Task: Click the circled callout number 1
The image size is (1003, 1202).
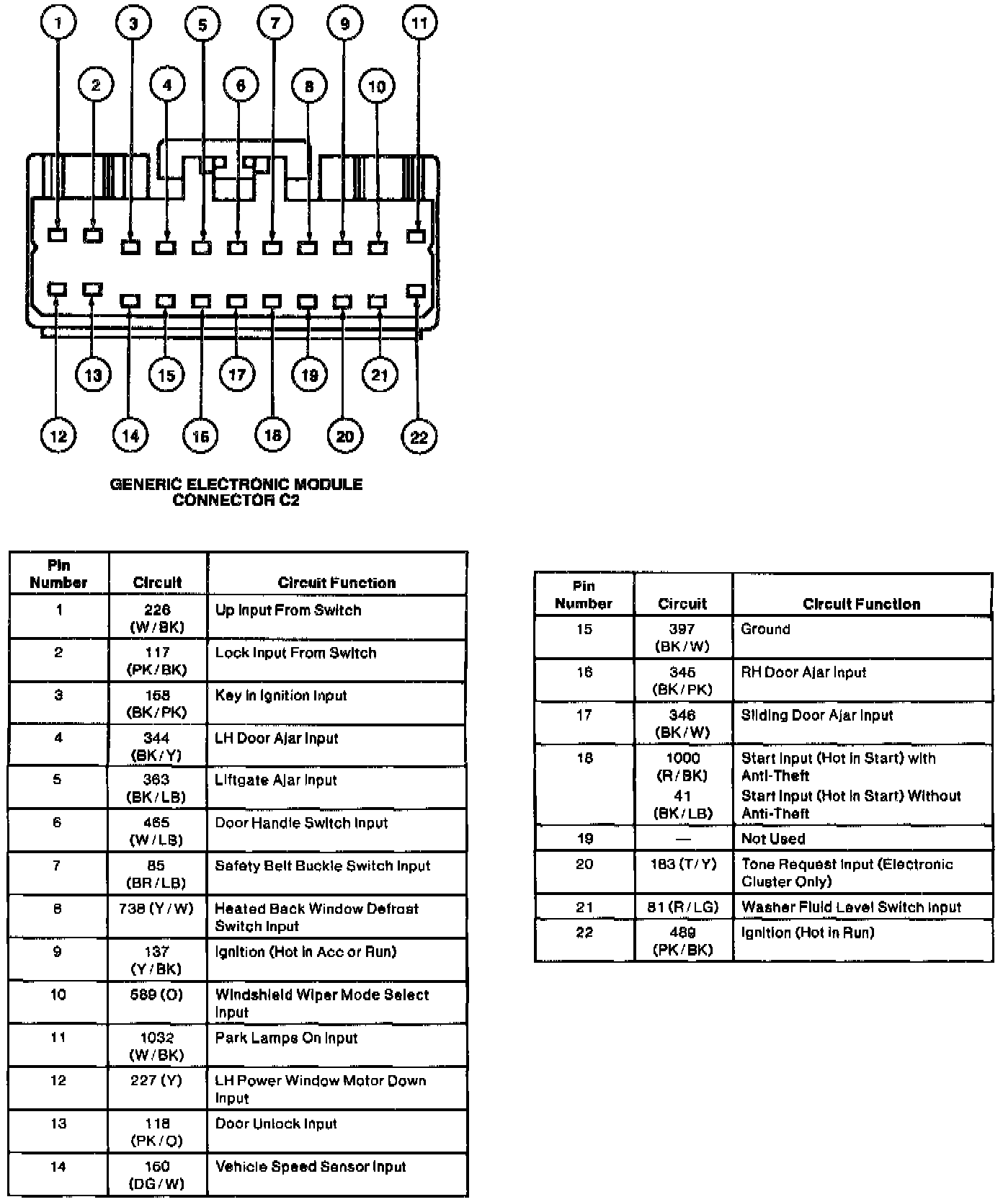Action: [58, 23]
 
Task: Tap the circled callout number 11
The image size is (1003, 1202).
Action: [419, 23]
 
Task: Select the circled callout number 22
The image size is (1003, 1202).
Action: [419, 437]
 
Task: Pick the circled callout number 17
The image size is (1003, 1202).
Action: [237, 375]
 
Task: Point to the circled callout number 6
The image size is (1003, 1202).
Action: [240, 86]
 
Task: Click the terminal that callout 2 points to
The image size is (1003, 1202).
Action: [93, 235]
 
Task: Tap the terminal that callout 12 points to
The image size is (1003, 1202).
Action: [57, 290]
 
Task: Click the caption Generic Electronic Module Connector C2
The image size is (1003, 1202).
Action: [236, 492]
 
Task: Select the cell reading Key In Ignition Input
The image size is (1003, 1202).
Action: [281, 696]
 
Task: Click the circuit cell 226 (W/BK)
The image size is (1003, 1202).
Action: [157, 618]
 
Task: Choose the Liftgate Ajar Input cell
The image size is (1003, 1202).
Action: [276, 780]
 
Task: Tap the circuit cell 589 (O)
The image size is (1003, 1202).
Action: [157, 995]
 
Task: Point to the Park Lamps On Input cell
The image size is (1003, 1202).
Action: [287, 1038]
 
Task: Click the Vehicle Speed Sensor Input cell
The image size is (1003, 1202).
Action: [311, 1167]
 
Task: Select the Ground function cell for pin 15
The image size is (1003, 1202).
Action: [765, 629]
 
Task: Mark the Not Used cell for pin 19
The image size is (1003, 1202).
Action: [773, 839]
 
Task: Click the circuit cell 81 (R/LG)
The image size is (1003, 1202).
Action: [682, 907]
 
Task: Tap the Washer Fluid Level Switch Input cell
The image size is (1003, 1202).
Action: [851, 907]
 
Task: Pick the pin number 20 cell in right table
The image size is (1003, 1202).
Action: [584, 864]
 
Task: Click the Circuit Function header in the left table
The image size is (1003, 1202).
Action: [336, 582]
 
